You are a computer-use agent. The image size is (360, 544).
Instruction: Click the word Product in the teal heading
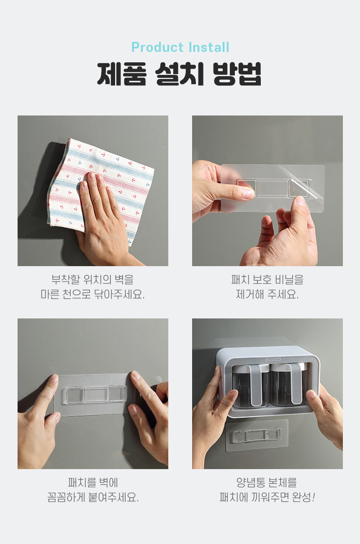tap(157, 47)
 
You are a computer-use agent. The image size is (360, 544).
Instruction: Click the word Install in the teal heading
tap(209, 47)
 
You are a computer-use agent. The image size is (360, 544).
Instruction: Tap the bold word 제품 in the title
tap(122, 74)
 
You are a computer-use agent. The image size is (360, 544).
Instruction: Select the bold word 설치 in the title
tap(179, 74)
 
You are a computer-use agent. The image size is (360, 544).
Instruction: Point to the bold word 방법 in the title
tap(237, 74)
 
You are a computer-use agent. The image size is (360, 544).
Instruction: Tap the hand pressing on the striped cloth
tap(107, 218)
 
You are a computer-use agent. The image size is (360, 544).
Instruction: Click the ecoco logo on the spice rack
tap(273, 359)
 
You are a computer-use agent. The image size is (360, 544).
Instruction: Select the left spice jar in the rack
tap(250, 386)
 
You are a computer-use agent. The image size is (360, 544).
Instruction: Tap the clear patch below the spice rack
tap(257, 435)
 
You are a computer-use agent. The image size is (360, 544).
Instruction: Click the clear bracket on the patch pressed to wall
tap(95, 394)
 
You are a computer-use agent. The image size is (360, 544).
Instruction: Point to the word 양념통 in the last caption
tap(251, 482)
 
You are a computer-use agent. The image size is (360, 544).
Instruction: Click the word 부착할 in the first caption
tap(66, 280)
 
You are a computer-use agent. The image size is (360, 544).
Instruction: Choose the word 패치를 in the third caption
tap(82, 482)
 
